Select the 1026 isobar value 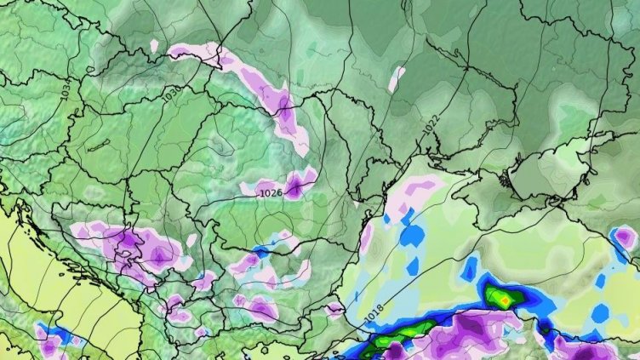point(271,193)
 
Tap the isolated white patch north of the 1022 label point(397,78)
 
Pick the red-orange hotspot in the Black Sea point(504,299)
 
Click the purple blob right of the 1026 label point(299,183)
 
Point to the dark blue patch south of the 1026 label point(260,251)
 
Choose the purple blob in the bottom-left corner point(51,342)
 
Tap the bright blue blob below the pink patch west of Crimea point(413,234)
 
